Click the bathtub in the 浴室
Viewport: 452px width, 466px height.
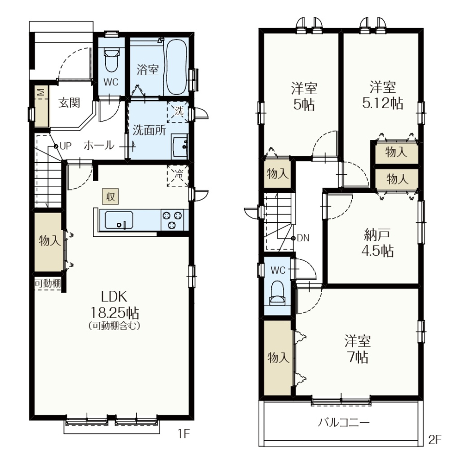click(x=176, y=67)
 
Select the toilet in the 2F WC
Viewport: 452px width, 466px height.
click(x=277, y=293)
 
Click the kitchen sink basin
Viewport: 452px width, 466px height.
click(x=119, y=220)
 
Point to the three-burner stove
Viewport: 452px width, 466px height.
click(x=172, y=220)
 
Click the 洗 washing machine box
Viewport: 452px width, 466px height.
click(x=178, y=112)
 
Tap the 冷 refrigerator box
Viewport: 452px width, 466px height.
click(x=178, y=175)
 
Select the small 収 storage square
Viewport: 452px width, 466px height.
click(x=110, y=197)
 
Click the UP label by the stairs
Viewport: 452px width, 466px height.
click(x=65, y=146)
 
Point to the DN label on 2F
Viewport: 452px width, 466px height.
click(x=303, y=238)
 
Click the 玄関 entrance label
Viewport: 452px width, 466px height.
click(x=69, y=102)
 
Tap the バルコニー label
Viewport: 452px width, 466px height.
click(x=344, y=422)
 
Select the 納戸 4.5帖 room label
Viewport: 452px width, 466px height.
click(x=377, y=243)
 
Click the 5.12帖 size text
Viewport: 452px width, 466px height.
click(x=383, y=103)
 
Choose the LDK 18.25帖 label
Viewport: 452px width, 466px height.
click(x=114, y=304)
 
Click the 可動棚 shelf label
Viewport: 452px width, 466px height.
click(x=48, y=283)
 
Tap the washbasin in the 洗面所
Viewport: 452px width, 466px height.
click(x=180, y=147)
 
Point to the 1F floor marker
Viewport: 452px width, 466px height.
click(x=184, y=434)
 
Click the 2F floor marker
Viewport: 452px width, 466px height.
click(x=435, y=440)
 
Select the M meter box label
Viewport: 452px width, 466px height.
click(x=42, y=92)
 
